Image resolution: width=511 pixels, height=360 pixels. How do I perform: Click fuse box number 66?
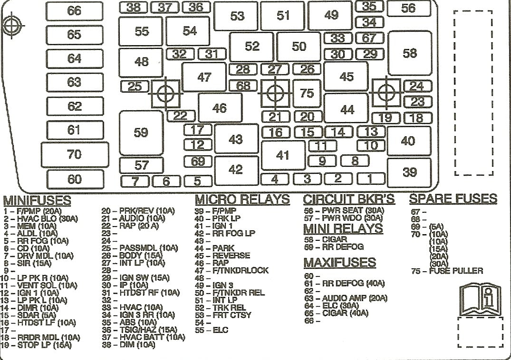pos(74,10)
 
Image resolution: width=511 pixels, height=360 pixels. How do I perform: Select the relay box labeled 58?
pos(409,53)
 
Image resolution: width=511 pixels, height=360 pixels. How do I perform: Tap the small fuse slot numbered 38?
pos(133,7)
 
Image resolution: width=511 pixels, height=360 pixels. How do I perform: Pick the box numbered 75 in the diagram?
pos(307,93)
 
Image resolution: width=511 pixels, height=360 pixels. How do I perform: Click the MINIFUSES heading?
pos(37,200)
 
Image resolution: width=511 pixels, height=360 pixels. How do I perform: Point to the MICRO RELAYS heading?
pos(242,199)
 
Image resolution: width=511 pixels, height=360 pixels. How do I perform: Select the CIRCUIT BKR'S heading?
pos(349,199)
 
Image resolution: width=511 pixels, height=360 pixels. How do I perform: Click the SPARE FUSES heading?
pos(453,199)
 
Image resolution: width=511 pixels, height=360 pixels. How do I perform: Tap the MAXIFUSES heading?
pos(339,262)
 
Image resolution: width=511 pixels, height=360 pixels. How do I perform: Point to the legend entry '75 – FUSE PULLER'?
pos(447,271)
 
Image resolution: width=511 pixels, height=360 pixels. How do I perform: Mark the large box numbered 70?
pos(75,154)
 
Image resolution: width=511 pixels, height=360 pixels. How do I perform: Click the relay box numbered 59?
pos(141,133)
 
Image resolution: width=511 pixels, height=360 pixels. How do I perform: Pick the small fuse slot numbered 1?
pos(370,179)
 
